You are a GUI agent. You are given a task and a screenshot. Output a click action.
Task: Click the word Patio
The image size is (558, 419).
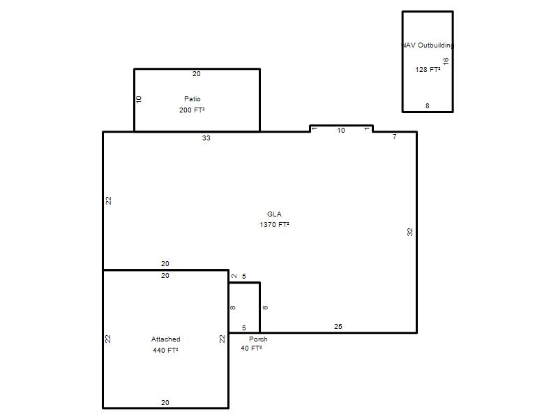tap(193, 98)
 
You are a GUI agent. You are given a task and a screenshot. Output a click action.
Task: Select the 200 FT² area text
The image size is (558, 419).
tap(192, 110)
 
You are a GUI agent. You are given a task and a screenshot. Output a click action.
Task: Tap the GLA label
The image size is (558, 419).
tap(274, 214)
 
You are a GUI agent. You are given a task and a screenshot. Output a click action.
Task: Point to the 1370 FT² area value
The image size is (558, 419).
tap(274, 224)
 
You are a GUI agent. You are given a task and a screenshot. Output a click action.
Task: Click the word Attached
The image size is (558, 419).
tap(166, 339)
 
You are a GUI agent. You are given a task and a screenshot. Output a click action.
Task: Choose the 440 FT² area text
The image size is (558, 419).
tap(165, 350)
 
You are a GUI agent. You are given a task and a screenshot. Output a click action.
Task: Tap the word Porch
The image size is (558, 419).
tap(258, 339)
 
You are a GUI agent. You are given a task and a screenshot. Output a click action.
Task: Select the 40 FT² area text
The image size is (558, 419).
tap(251, 348)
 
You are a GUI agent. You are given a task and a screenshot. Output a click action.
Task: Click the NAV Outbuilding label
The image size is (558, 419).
tap(428, 45)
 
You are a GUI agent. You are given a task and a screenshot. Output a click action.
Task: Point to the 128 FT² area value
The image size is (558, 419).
tap(428, 69)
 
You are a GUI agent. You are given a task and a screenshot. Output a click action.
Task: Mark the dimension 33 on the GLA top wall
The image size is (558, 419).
tap(206, 138)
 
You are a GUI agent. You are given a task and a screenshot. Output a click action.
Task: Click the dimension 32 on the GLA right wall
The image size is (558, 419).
tap(410, 232)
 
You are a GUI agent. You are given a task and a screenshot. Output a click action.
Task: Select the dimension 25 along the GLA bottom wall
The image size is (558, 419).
tap(338, 326)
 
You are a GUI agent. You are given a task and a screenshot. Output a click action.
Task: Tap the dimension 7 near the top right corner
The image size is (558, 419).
tap(394, 136)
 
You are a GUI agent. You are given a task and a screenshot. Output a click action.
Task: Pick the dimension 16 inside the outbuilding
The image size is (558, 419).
tap(446, 61)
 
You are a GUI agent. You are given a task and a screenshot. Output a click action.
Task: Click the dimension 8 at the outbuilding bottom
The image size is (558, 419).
tap(428, 106)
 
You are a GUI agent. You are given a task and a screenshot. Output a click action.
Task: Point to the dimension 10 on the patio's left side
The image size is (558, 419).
tap(139, 99)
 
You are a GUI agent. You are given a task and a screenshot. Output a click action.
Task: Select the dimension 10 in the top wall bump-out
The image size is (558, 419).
tap(341, 131)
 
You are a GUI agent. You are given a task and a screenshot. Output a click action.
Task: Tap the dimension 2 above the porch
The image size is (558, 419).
tap(234, 276)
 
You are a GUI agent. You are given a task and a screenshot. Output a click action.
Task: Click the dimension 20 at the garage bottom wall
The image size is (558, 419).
tap(165, 402)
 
